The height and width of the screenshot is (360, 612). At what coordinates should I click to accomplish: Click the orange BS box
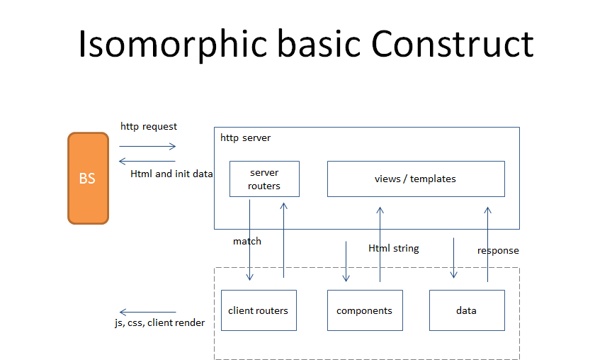pos(88,179)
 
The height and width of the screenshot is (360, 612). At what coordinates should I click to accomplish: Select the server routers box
pos(264,179)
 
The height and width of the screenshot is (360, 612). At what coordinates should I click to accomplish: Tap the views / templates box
pos(415,179)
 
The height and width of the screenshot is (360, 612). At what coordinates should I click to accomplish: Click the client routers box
pos(259,310)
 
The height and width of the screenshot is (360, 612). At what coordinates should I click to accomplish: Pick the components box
pos(364,310)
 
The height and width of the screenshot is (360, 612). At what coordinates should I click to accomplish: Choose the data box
pos(466,310)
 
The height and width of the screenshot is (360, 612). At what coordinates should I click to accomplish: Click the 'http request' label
pos(149,127)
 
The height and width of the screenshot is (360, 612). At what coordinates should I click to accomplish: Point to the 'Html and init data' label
pos(171,174)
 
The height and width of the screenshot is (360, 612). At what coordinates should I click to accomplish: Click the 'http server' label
pos(246,137)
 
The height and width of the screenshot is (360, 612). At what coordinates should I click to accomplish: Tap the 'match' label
pos(247,242)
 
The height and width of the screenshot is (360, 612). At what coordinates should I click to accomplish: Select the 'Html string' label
pos(394,249)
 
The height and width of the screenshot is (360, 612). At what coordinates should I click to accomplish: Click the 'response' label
pos(498,251)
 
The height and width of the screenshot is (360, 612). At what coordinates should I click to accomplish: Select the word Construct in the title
pos(453,44)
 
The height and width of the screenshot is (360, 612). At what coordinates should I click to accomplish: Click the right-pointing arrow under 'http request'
pos(147,147)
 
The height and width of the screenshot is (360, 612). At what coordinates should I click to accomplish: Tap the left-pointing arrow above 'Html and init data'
pos(147,162)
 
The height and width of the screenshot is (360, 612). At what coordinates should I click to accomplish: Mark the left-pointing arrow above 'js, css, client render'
pos(147,312)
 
